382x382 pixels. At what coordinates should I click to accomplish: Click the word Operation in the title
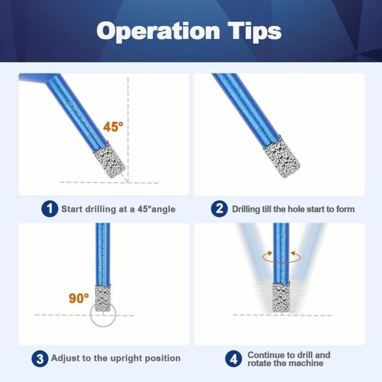point(158,31)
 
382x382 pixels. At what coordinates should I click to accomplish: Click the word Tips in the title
point(254,31)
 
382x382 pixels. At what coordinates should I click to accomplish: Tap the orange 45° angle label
point(113,127)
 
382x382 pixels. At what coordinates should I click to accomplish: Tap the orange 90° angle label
point(79,298)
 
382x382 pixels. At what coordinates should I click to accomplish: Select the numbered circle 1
point(50,209)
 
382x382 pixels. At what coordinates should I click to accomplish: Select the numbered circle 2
point(219,209)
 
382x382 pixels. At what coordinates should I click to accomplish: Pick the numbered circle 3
point(40,359)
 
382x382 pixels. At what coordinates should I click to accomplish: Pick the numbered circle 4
point(234,359)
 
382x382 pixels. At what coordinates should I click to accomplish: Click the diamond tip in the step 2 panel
point(282,157)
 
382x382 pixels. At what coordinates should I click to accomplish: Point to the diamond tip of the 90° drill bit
point(103,298)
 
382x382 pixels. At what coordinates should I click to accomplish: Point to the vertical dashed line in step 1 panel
point(128,130)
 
